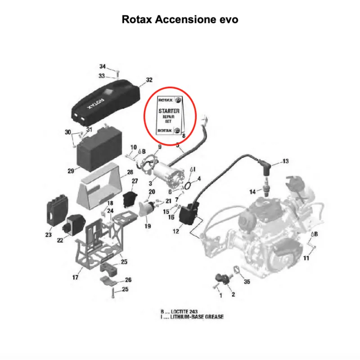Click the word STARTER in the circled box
169,111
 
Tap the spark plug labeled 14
266,187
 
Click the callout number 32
149,80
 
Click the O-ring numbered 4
187,185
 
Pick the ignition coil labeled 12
188,214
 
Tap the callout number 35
247,282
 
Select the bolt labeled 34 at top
118,73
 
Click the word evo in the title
229,19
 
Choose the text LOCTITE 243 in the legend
184,311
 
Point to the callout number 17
75,277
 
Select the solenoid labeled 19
148,208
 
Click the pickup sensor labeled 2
223,279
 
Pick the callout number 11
306,258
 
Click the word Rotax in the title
137,19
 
